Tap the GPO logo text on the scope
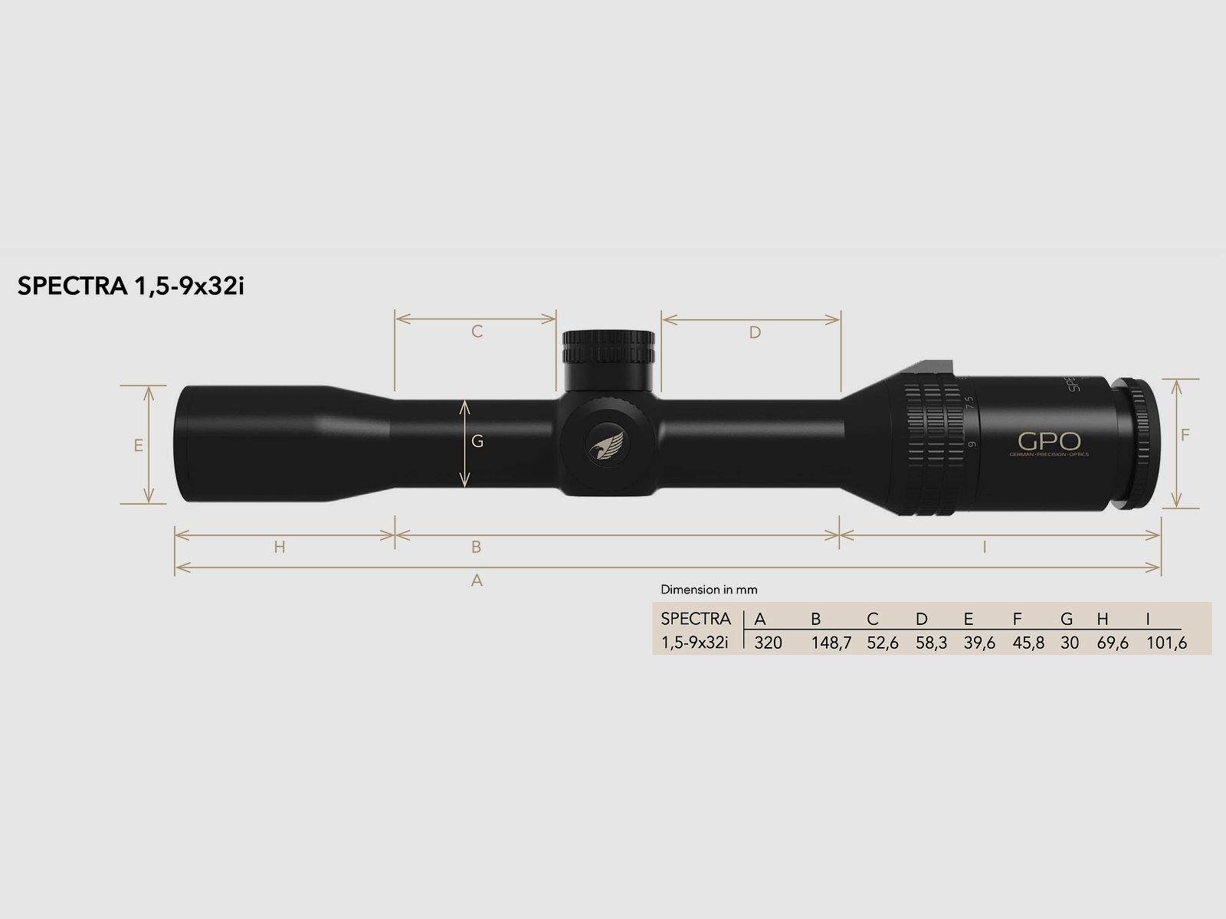pos(1049,442)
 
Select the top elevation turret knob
pos(609,348)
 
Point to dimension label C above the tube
pos(477,332)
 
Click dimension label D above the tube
pos(755,332)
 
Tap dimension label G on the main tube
pos(477,441)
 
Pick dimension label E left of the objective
pos(139,445)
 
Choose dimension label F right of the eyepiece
pos(1185,435)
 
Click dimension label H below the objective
pos(280,547)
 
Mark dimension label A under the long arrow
pos(477,581)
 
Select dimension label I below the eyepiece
pos(984,547)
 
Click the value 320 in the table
pos(768,643)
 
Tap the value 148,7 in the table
pos(831,643)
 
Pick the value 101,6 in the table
pos(1166,643)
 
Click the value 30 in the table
pos(1070,643)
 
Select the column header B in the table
pos(816,619)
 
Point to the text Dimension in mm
pos(709,590)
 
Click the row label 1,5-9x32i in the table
pos(694,643)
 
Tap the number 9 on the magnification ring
pos(972,444)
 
